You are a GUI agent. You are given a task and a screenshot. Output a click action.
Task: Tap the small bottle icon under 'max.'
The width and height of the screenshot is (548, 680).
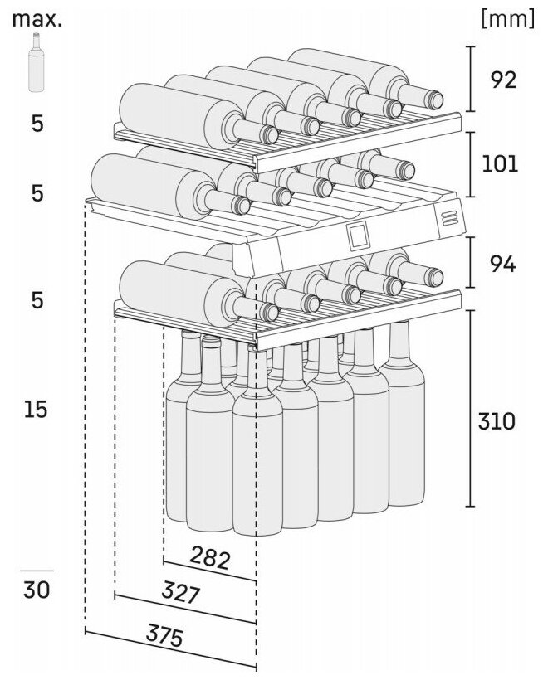(36, 63)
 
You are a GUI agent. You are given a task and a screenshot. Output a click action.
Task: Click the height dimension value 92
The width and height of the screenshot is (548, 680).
(502, 80)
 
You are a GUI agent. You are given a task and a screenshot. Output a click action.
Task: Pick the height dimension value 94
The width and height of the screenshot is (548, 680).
(502, 265)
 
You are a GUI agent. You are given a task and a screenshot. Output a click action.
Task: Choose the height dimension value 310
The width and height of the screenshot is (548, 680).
(498, 421)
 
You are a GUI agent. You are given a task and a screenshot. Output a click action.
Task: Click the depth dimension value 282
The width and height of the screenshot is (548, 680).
(210, 556)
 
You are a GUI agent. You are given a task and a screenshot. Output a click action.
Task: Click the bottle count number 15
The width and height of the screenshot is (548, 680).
(36, 410)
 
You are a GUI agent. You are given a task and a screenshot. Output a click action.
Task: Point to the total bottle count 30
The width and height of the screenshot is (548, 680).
(36, 590)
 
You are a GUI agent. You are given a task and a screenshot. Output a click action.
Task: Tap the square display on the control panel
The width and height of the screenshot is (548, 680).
(359, 237)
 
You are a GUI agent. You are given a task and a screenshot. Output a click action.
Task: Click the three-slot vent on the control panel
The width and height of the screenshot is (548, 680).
(451, 217)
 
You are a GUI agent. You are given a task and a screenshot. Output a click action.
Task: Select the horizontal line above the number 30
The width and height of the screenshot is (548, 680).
(36, 571)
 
